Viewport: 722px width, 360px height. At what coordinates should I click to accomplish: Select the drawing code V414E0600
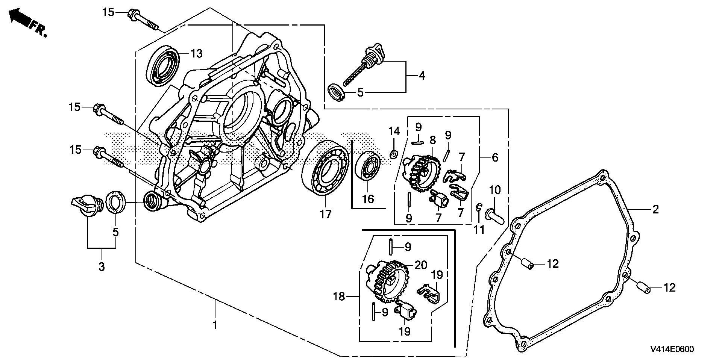[673, 349]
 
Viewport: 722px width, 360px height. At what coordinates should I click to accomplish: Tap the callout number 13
[196, 53]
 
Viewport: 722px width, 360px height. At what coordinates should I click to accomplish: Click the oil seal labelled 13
[165, 64]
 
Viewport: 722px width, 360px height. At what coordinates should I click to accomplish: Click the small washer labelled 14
[393, 154]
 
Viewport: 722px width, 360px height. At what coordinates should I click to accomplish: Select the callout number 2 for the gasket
[655, 209]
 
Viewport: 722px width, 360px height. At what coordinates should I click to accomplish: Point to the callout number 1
[215, 325]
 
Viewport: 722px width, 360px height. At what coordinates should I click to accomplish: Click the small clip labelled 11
[479, 206]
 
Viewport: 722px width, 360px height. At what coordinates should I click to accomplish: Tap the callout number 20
[420, 265]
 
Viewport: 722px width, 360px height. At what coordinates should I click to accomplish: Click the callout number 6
[495, 157]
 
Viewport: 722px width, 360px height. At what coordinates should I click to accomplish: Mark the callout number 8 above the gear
[432, 140]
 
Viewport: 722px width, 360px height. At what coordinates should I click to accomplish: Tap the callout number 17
[326, 214]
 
